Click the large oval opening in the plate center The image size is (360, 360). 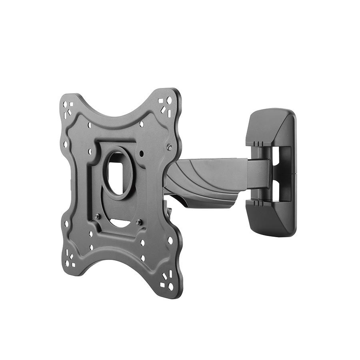(117, 172)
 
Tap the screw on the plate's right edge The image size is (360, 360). (170, 148)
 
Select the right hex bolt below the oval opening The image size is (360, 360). (138, 222)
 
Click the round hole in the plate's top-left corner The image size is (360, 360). (65, 104)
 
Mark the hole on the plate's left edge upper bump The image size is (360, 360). (66, 144)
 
